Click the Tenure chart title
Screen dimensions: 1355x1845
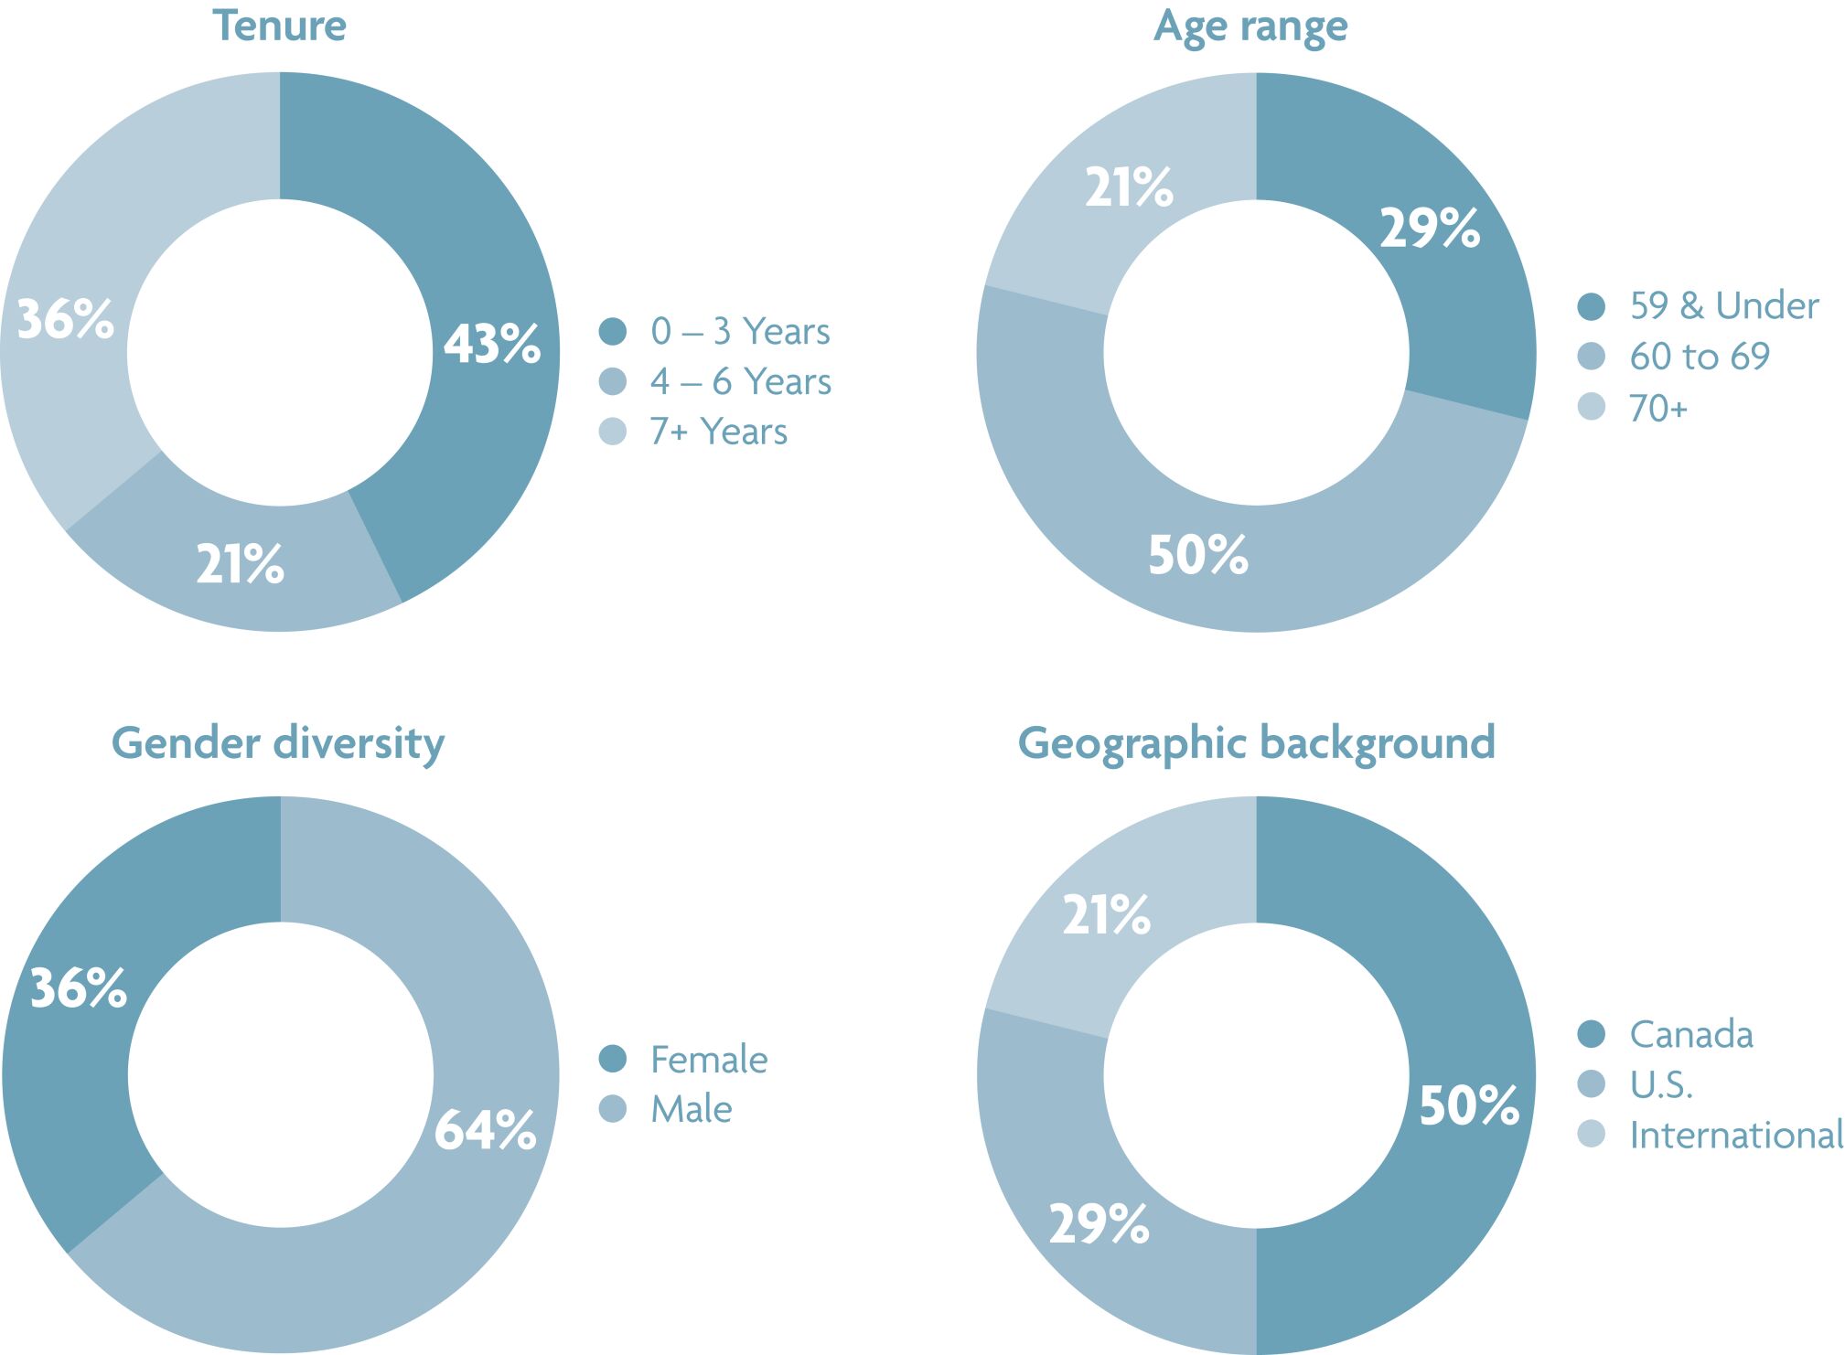pos(279,26)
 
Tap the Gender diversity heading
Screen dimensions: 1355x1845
pos(278,743)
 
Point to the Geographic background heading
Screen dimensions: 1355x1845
pos(1256,743)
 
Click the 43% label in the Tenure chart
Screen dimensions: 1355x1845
pos(492,344)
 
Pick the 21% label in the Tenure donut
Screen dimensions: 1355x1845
pos(241,563)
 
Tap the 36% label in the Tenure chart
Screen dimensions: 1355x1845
pos(66,319)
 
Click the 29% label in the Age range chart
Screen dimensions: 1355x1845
pos(1430,228)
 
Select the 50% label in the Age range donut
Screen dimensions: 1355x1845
pos(1198,555)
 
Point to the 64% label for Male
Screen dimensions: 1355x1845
pos(485,1130)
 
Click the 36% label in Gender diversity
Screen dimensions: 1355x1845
pos(79,988)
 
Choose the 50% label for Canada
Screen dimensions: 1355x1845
pos(1469,1105)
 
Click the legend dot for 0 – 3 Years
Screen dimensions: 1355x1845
pos(613,331)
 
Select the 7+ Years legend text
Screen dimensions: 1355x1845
pos(718,432)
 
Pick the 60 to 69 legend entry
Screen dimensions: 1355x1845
pos(1700,357)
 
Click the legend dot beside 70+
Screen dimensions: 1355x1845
pos(1592,407)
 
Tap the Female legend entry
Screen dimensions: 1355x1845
pos(709,1060)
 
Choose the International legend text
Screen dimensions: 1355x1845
pos(1736,1136)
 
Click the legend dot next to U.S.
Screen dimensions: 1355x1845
pos(1592,1084)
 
